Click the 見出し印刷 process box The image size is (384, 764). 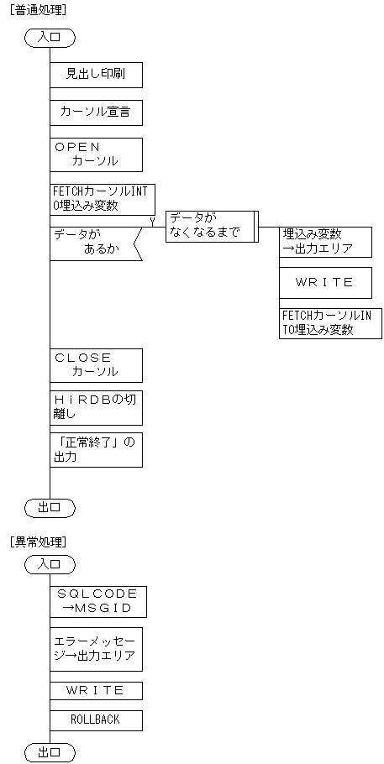click(x=96, y=74)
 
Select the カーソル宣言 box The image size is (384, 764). click(x=96, y=112)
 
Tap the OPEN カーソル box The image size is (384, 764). click(x=96, y=154)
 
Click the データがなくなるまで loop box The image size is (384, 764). click(x=210, y=226)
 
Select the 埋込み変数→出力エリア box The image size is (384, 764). click(x=325, y=242)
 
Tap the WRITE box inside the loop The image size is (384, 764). click(x=325, y=283)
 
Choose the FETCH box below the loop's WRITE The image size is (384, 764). click(x=330, y=323)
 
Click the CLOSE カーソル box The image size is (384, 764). click(x=96, y=365)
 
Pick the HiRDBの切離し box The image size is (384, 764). click(x=96, y=407)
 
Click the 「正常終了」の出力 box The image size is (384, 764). click(x=96, y=450)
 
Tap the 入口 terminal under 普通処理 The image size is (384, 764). click(x=50, y=37)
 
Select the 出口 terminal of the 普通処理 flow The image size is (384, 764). click(x=50, y=507)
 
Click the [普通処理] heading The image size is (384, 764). click(x=38, y=9)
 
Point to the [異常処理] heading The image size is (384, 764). click(x=38, y=541)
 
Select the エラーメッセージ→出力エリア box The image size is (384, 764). click(x=96, y=649)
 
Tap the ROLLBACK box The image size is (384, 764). click(x=96, y=720)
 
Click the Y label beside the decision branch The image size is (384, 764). click(x=152, y=221)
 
